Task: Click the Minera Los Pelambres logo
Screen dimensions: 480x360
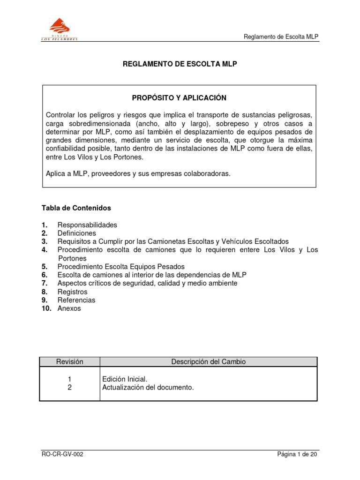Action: click(x=58, y=30)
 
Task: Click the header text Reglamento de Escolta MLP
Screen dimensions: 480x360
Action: click(x=282, y=37)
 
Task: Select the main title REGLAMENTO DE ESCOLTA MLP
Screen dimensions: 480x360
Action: click(x=180, y=63)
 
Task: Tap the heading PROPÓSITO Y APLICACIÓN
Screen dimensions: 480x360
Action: click(x=180, y=98)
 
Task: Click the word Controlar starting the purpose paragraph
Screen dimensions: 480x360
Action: click(x=61, y=115)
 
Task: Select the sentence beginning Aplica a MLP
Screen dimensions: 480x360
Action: click(x=138, y=173)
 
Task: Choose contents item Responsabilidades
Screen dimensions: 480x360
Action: click(x=87, y=225)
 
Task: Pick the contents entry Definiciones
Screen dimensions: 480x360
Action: click(x=76, y=233)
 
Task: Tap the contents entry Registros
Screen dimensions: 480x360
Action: click(x=72, y=292)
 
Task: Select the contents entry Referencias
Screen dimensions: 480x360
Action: click(x=76, y=300)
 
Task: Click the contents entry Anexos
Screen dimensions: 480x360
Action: click(x=69, y=308)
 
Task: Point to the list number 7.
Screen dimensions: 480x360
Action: click(x=44, y=283)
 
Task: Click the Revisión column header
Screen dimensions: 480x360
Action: click(x=69, y=361)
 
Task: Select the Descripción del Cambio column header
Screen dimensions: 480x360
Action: click(x=208, y=361)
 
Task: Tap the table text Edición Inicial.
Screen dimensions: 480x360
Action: click(x=124, y=379)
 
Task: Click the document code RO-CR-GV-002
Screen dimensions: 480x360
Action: click(x=63, y=455)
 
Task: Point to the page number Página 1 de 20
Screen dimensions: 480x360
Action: click(x=297, y=455)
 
